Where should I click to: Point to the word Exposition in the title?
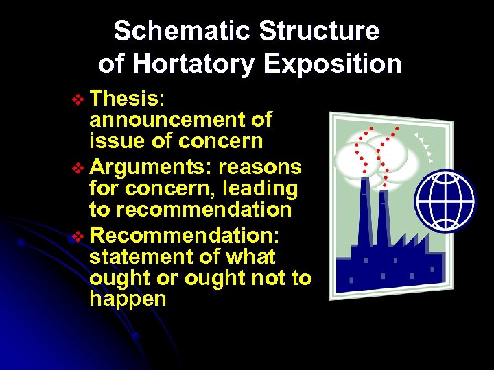[333, 64]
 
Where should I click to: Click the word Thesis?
[127, 99]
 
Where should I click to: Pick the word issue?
[113, 141]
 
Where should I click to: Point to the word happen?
[128, 299]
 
